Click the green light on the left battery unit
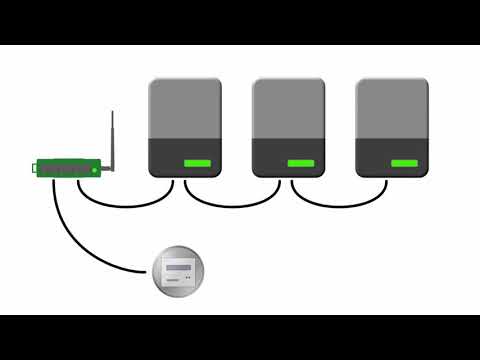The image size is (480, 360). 196,163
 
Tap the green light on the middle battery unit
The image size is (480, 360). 300,163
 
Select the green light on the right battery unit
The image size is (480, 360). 404,163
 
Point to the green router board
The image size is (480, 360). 69,168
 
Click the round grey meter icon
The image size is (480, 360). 179,271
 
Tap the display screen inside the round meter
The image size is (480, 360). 179,268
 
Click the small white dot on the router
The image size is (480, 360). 94,171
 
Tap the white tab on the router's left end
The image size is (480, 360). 37,169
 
